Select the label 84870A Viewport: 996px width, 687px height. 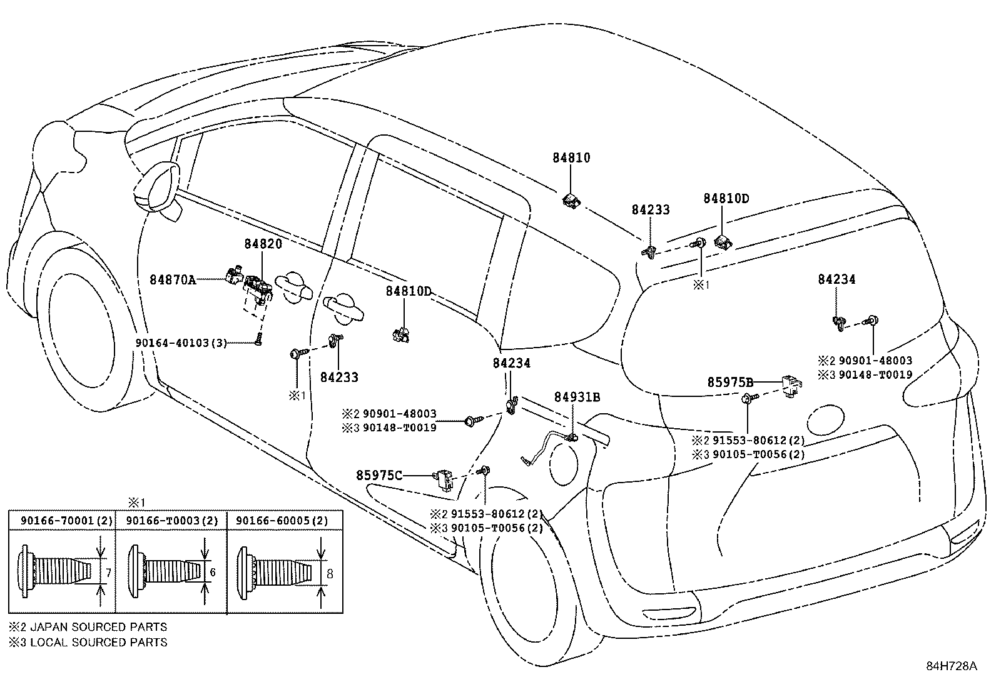(173, 280)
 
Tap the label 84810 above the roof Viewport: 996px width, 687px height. (571, 158)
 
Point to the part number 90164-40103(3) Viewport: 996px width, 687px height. (181, 343)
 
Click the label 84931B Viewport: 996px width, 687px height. (577, 396)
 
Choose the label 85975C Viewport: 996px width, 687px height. (379, 475)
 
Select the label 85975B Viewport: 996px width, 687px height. (730, 382)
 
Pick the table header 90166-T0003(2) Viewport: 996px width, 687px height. (171, 521)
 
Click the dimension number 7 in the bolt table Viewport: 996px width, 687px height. (108, 572)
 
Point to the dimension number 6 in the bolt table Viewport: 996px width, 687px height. (213, 572)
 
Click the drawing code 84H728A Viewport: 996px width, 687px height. (951, 666)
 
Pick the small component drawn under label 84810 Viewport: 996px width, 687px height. (571, 201)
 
